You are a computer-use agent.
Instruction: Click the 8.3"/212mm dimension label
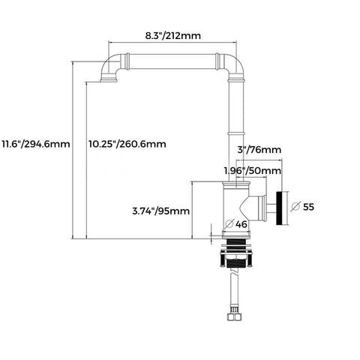[x=173, y=36]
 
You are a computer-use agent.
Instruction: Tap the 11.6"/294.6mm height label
[x=36, y=144]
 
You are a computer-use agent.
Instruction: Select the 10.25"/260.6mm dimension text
[x=127, y=144]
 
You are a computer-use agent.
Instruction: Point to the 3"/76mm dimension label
[x=259, y=150]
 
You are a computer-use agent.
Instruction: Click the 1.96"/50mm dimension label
[x=253, y=171]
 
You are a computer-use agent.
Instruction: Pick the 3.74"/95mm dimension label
[x=161, y=211]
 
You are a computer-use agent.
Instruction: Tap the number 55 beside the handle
[x=308, y=207]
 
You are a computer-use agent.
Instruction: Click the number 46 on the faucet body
[x=241, y=224]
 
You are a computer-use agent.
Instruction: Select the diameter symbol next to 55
[x=295, y=207]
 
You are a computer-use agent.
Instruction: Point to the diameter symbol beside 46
[x=229, y=223]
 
